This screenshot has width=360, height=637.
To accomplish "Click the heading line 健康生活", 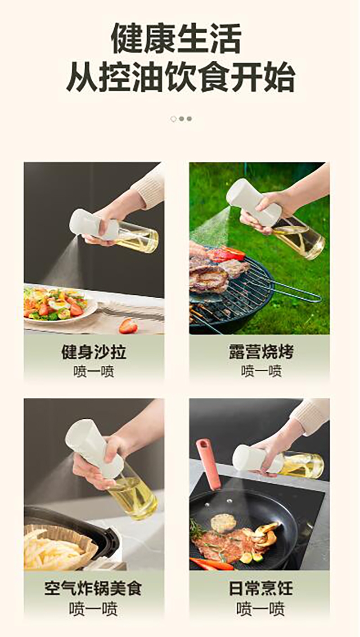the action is (176, 38).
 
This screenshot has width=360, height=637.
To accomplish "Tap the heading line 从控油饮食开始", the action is (180, 77).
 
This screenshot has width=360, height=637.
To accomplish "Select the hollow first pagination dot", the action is (173, 119).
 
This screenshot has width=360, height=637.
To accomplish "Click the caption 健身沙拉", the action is (94, 352).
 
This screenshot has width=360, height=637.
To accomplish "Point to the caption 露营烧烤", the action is (261, 352).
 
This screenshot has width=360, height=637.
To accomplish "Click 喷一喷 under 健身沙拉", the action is (94, 372).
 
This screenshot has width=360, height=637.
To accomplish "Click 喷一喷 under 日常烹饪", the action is (261, 609).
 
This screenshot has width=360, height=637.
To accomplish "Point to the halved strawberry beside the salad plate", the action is (129, 326).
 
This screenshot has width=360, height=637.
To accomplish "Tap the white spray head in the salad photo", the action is (94, 224).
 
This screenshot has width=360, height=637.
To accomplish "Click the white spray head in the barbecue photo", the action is (254, 202).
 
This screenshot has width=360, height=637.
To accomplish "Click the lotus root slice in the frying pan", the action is (222, 522).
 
